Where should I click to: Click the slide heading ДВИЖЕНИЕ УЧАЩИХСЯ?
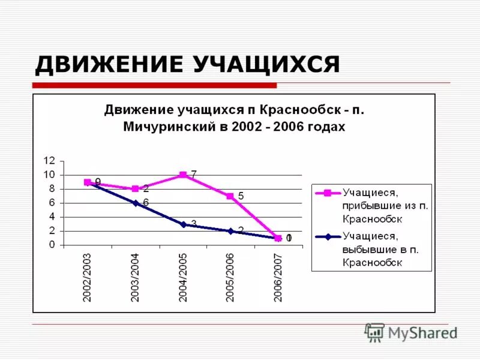(x=187, y=64)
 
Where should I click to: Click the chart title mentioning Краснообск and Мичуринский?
(x=234, y=118)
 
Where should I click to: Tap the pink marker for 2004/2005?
(x=183, y=175)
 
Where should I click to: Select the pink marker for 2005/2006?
(x=230, y=196)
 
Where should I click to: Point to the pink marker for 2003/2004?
(x=136, y=189)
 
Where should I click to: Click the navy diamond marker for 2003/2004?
(x=136, y=203)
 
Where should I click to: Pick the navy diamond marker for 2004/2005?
(x=183, y=224)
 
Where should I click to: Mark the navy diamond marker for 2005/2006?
(x=230, y=231)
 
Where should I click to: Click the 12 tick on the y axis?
(x=49, y=161)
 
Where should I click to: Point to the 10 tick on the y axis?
(x=49, y=175)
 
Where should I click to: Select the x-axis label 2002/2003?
(x=88, y=277)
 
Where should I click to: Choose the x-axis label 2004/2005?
(x=183, y=277)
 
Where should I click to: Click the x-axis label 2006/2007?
(x=278, y=277)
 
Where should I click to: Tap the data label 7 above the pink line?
(x=194, y=174)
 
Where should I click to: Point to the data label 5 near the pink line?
(x=241, y=196)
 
